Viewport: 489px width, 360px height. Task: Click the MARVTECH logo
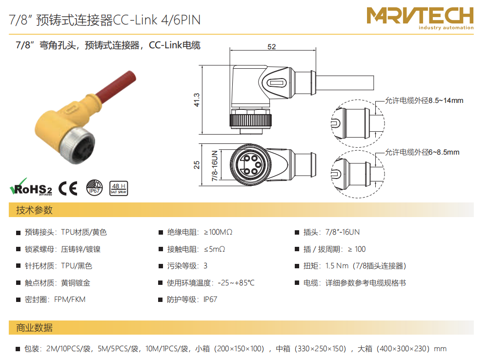pos(420,18)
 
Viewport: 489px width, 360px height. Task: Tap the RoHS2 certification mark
pos(31,187)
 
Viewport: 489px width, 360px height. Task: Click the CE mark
pos(68,188)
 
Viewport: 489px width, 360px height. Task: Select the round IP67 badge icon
pos(94,188)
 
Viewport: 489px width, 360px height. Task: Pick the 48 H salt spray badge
pos(119,188)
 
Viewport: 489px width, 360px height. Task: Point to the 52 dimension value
pos(272,47)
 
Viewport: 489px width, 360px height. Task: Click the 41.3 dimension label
pos(197,100)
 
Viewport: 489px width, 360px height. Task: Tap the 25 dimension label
pos(197,165)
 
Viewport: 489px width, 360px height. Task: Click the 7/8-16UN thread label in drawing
pos(215,166)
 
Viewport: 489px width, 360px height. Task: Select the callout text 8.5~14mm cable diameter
pos(424,100)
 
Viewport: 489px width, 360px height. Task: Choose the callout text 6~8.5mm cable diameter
pos(422,152)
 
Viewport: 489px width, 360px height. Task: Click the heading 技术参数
pos(34,210)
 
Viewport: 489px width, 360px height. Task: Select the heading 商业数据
pos(34,328)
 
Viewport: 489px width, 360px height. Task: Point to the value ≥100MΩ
pos(218,232)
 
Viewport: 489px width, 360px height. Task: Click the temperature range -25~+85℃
pos(236,283)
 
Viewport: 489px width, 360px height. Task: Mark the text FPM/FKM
pos(70,300)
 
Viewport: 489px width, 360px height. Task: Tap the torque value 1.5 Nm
pos(337,266)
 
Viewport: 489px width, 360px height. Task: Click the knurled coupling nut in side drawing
pos(250,120)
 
